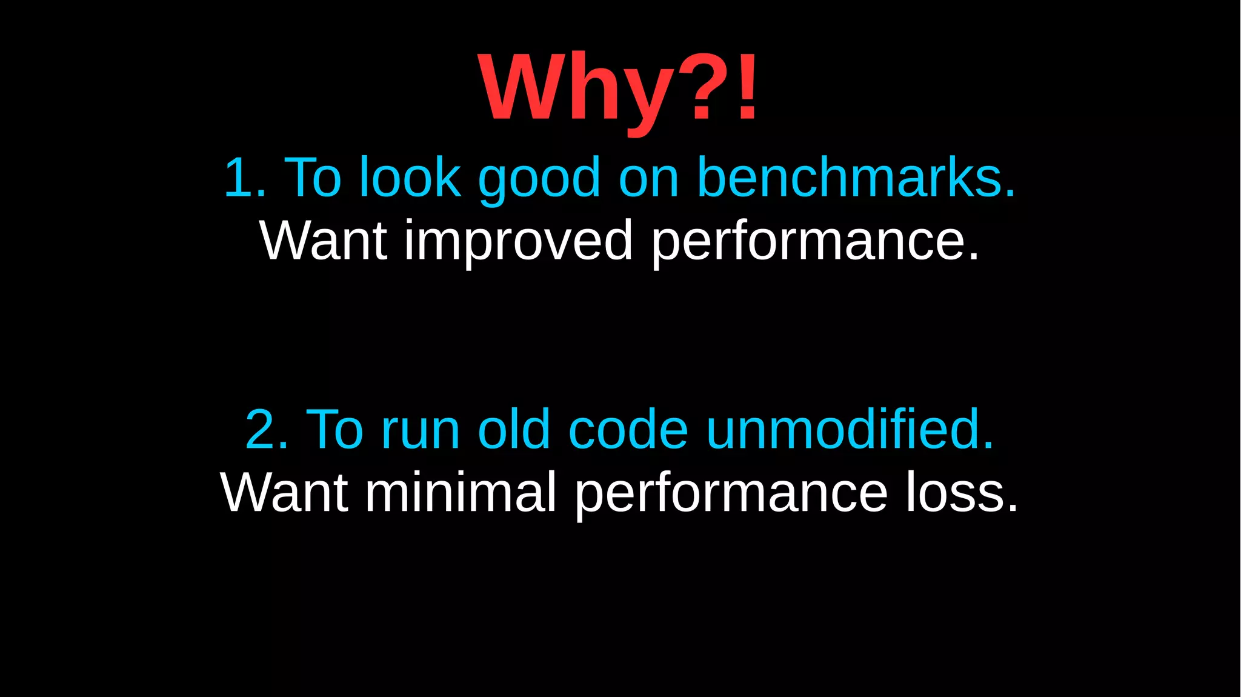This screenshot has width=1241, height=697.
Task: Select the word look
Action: [x=410, y=178]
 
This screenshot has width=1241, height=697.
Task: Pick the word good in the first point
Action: [x=539, y=179]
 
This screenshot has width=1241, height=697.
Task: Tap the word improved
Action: [x=519, y=241]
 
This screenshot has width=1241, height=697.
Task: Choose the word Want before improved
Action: [x=323, y=241]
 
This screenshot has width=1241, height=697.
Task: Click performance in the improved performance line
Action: [x=815, y=241]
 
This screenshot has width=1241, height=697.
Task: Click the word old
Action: [x=514, y=429]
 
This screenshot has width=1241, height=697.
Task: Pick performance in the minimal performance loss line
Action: [x=731, y=493]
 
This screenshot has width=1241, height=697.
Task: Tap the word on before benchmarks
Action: [x=648, y=179]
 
